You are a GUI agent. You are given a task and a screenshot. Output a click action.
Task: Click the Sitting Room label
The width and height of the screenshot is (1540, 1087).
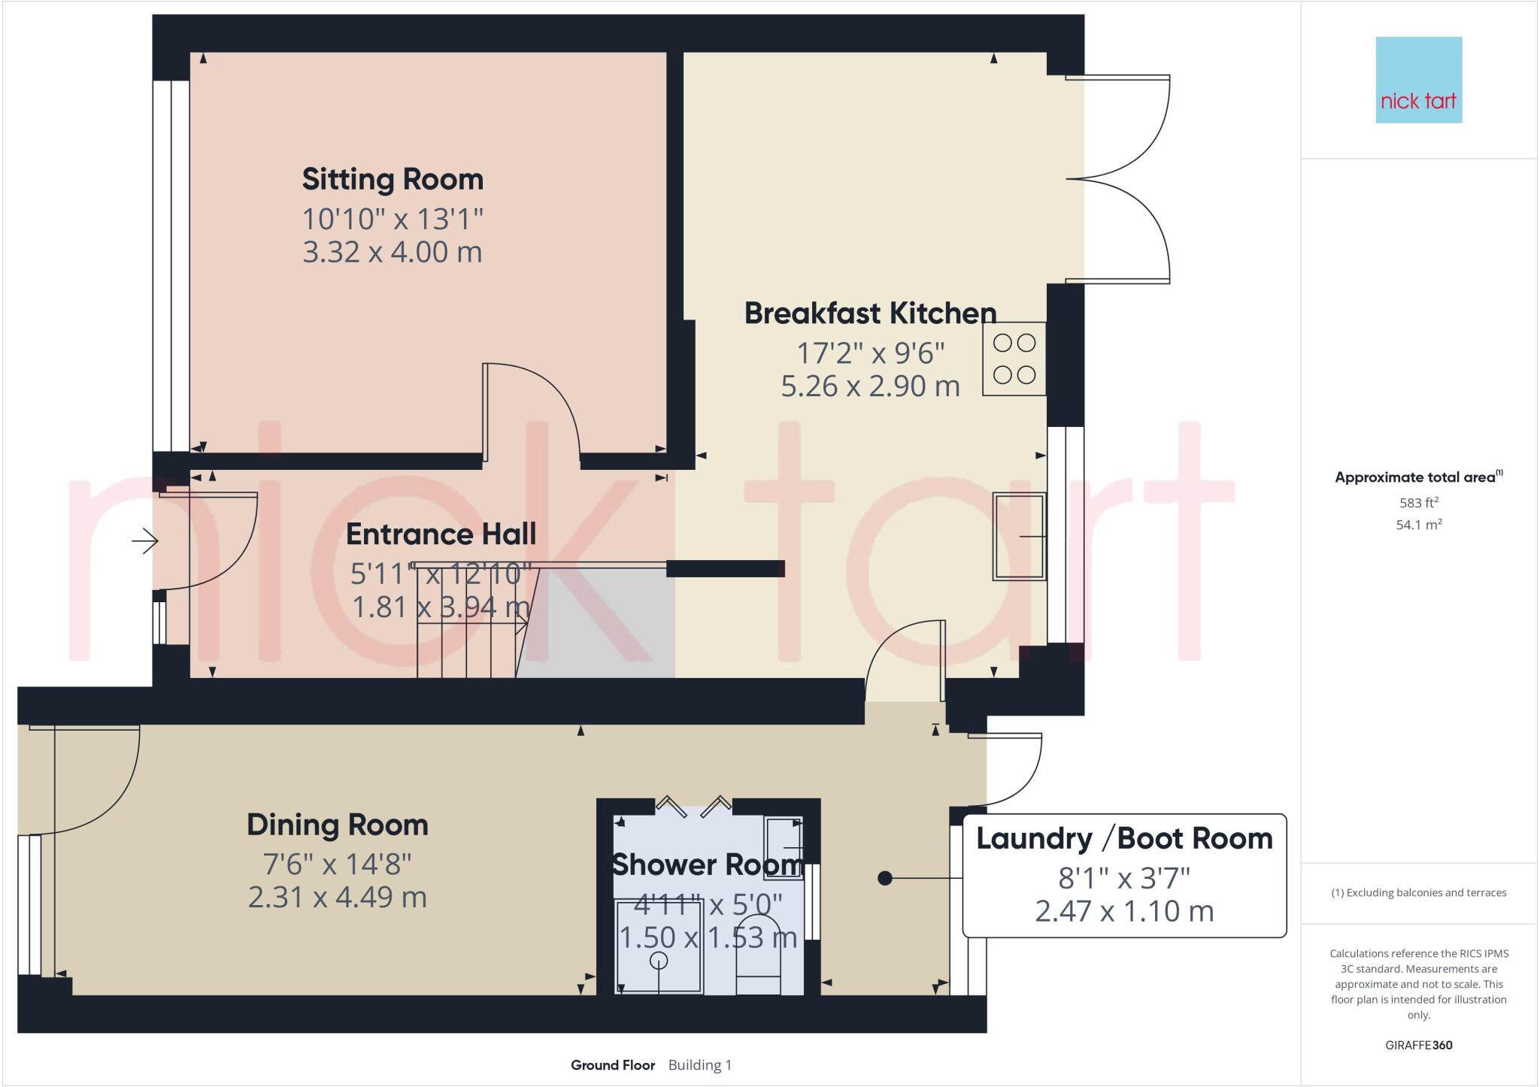pyautogui.click(x=393, y=180)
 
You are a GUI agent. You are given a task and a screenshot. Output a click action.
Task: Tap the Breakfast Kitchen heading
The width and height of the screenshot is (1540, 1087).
pyautogui.click(x=870, y=313)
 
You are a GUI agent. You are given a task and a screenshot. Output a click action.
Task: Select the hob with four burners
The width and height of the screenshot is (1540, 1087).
pyautogui.click(x=1014, y=359)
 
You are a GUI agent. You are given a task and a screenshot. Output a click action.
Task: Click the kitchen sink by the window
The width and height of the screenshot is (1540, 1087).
pyautogui.click(x=1019, y=536)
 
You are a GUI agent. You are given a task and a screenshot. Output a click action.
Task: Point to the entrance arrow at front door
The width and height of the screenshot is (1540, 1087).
pyautogui.click(x=145, y=540)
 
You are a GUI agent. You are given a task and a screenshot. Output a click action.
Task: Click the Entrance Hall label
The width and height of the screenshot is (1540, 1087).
pyautogui.click(x=441, y=534)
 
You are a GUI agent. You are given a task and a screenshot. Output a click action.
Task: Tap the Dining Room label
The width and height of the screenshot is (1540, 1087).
pyautogui.click(x=338, y=825)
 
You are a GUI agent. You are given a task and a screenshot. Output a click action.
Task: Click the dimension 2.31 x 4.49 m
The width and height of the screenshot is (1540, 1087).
pyautogui.click(x=338, y=897)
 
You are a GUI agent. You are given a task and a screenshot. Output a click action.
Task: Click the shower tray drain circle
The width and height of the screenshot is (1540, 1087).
pyautogui.click(x=659, y=960)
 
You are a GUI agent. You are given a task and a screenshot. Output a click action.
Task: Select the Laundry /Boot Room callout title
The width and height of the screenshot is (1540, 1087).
pyautogui.click(x=1124, y=838)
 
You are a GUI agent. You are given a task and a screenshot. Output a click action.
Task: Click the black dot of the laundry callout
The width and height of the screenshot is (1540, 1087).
pyautogui.click(x=885, y=877)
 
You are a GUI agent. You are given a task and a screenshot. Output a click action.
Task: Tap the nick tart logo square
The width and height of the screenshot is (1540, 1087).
pyautogui.click(x=1418, y=80)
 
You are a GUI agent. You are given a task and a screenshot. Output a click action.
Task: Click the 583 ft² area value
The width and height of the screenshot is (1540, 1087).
pyautogui.click(x=1418, y=502)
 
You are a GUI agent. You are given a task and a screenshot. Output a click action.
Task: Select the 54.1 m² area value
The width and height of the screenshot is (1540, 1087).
pyautogui.click(x=1418, y=525)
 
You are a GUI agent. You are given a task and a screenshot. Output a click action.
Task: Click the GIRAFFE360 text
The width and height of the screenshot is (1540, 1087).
pyautogui.click(x=1418, y=1045)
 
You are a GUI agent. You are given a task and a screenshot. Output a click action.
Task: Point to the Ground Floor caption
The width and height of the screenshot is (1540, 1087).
pyautogui.click(x=612, y=1065)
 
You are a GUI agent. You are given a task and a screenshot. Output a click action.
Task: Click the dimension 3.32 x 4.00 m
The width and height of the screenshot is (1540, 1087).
pyautogui.click(x=393, y=252)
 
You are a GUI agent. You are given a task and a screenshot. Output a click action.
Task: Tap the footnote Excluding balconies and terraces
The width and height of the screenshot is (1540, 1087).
pyautogui.click(x=1418, y=893)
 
